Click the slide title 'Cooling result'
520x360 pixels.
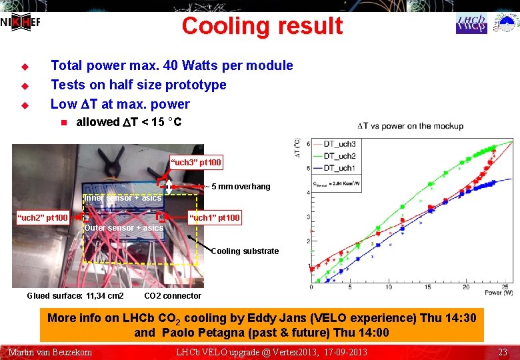pyautogui.click(x=261, y=26)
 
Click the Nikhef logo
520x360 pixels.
pyautogui.click(x=21, y=21)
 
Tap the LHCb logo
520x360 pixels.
pyautogui.click(x=471, y=23)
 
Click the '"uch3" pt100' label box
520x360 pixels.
pyautogui.click(x=197, y=162)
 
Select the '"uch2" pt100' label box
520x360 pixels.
pyautogui.click(x=43, y=218)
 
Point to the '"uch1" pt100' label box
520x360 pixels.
pyautogui.click(x=215, y=218)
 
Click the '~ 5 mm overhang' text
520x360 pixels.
pyautogui.click(x=238, y=187)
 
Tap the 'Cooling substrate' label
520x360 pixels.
pyautogui.click(x=245, y=251)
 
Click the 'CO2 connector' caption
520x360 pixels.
pyautogui.click(x=173, y=296)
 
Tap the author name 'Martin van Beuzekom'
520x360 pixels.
pyautogui.click(x=50, y=351)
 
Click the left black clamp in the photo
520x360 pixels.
pyautogui.click(x=109, y=155)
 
